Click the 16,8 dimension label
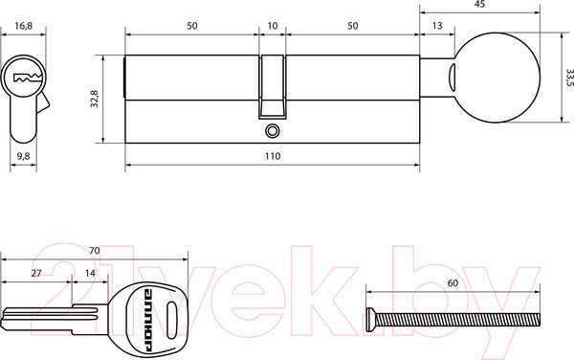click(23, 26)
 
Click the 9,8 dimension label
click(23, 156)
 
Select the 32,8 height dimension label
click(95, 99)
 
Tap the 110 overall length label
click(273, 156)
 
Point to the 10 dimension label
click(273, 26)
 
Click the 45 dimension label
click(479, 4)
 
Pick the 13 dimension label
click(437, 26)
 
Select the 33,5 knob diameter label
click(569, 78)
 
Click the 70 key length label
click(95, 251)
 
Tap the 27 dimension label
click(36, 273)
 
